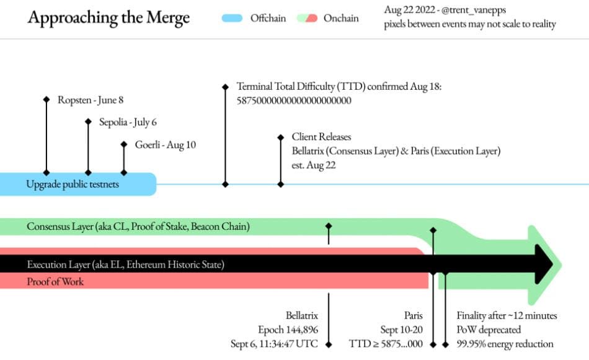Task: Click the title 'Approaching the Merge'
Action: point(108,18)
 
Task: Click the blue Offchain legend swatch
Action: point(232,18)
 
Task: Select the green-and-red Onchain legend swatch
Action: point(307,18)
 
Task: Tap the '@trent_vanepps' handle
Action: point(474,10)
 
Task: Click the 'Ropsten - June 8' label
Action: point(91,100)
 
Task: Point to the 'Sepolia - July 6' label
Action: point(128,122)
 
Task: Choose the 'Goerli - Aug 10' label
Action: point(166,145)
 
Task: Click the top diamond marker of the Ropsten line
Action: point(46,100)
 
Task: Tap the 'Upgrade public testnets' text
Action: point(73,184)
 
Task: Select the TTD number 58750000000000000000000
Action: point(294,100)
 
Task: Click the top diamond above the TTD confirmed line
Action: point(226,87)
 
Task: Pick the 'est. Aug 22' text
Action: point(314,165)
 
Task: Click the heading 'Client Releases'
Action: point(322,137)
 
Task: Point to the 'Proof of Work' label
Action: point(55,281)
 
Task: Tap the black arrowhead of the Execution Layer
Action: point(544,265)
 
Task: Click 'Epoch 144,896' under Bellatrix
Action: point(288,330)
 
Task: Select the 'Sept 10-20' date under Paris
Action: point(402,330)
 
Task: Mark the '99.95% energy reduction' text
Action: point(505,344)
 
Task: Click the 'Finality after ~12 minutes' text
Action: point(507,315)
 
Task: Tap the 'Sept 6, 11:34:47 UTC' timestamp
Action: point(274,344)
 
